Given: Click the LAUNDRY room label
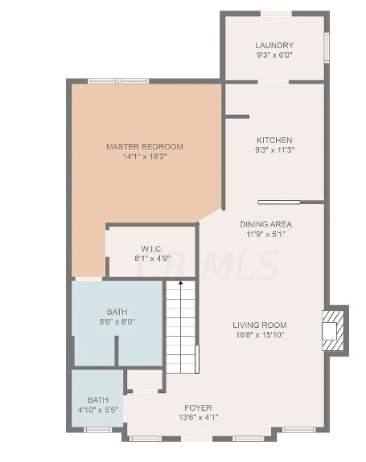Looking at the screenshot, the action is point(274,45).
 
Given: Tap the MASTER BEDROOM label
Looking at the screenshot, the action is point(145,146).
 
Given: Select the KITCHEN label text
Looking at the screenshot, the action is point(274,141).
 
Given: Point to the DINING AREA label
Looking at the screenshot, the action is point(265,224).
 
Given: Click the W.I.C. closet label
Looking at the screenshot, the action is point(152,249).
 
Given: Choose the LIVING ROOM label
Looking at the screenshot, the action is point(260,325).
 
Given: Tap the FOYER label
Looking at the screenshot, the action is point(198,408).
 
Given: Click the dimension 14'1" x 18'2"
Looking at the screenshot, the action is point(145,157).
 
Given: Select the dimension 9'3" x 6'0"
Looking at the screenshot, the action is point(274,55).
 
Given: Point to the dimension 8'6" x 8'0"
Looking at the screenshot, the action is point(117,321).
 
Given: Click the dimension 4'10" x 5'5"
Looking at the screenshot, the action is point(98,410).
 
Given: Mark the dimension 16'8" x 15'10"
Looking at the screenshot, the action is point(260,335).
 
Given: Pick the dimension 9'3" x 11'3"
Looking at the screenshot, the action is point(274,150).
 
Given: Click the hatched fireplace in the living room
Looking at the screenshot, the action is point(333,330).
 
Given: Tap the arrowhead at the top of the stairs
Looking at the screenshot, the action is point(181,283).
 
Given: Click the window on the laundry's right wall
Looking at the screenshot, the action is point(327,47).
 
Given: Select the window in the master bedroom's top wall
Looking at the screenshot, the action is point(118,81).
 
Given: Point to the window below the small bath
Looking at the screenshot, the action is point(97,430).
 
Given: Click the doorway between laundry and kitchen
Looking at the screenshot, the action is point(273,82).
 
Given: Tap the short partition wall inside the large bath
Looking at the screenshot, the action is point(117,351).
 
